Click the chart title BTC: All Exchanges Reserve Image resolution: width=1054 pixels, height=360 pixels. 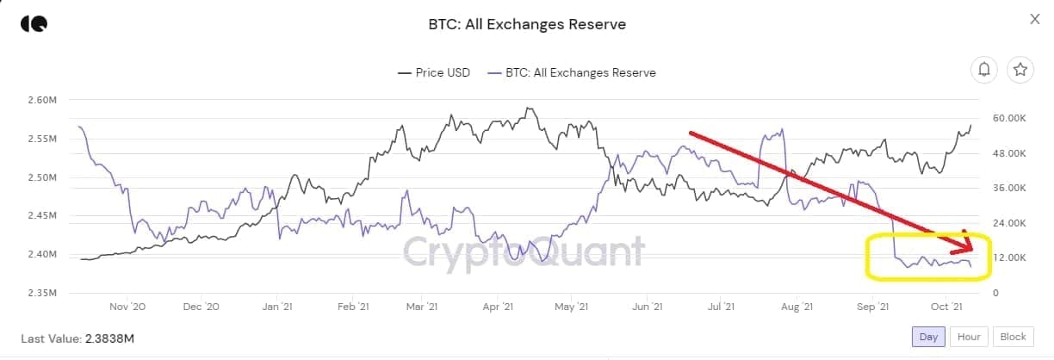(527, 24)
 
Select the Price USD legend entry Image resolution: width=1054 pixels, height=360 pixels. (434, 72)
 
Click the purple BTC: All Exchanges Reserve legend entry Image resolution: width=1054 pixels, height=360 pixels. (571, 72)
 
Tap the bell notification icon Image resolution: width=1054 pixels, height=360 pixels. (984, 70)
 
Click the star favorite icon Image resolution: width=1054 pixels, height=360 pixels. (1020, 70)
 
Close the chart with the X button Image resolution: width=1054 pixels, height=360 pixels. (1035, 19)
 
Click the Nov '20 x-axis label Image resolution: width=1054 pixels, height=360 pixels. (126, 307)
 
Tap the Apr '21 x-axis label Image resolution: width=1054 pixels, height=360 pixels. (498, 307)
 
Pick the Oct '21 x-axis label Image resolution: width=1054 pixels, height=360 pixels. (946, 307)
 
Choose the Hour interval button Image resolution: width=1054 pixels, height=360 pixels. (969, 337)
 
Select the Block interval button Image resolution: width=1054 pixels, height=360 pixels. (1013, 337)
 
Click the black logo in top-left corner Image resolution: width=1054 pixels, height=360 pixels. (34, 23)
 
